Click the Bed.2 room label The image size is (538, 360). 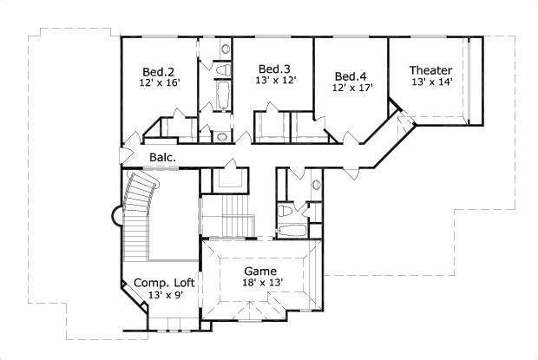tap(158, 72)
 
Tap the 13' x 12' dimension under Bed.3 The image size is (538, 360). tap(276, 80)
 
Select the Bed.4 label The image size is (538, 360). tap(351, 76)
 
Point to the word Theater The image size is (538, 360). tap(431, 70)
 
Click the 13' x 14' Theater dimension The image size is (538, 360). tap(432, 82)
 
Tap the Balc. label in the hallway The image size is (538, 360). tap(163, 157)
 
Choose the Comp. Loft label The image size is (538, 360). tap(164, 283)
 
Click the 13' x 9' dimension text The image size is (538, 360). tap(166, 295)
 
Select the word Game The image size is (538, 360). tap(260, 272)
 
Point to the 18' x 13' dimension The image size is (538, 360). tap(262, 283)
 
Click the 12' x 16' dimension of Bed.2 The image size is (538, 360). tap(160, 83)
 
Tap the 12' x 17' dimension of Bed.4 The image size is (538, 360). tap(352, 88)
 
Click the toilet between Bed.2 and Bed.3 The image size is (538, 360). tap(223, 69)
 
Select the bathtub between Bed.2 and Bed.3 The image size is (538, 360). tap(223, 95)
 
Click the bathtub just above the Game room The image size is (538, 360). tap(292, 231)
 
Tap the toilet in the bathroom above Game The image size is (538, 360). tap(285, 211)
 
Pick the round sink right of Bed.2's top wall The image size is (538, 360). tap(226, 49)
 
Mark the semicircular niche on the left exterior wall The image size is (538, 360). tap(116, 216)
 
